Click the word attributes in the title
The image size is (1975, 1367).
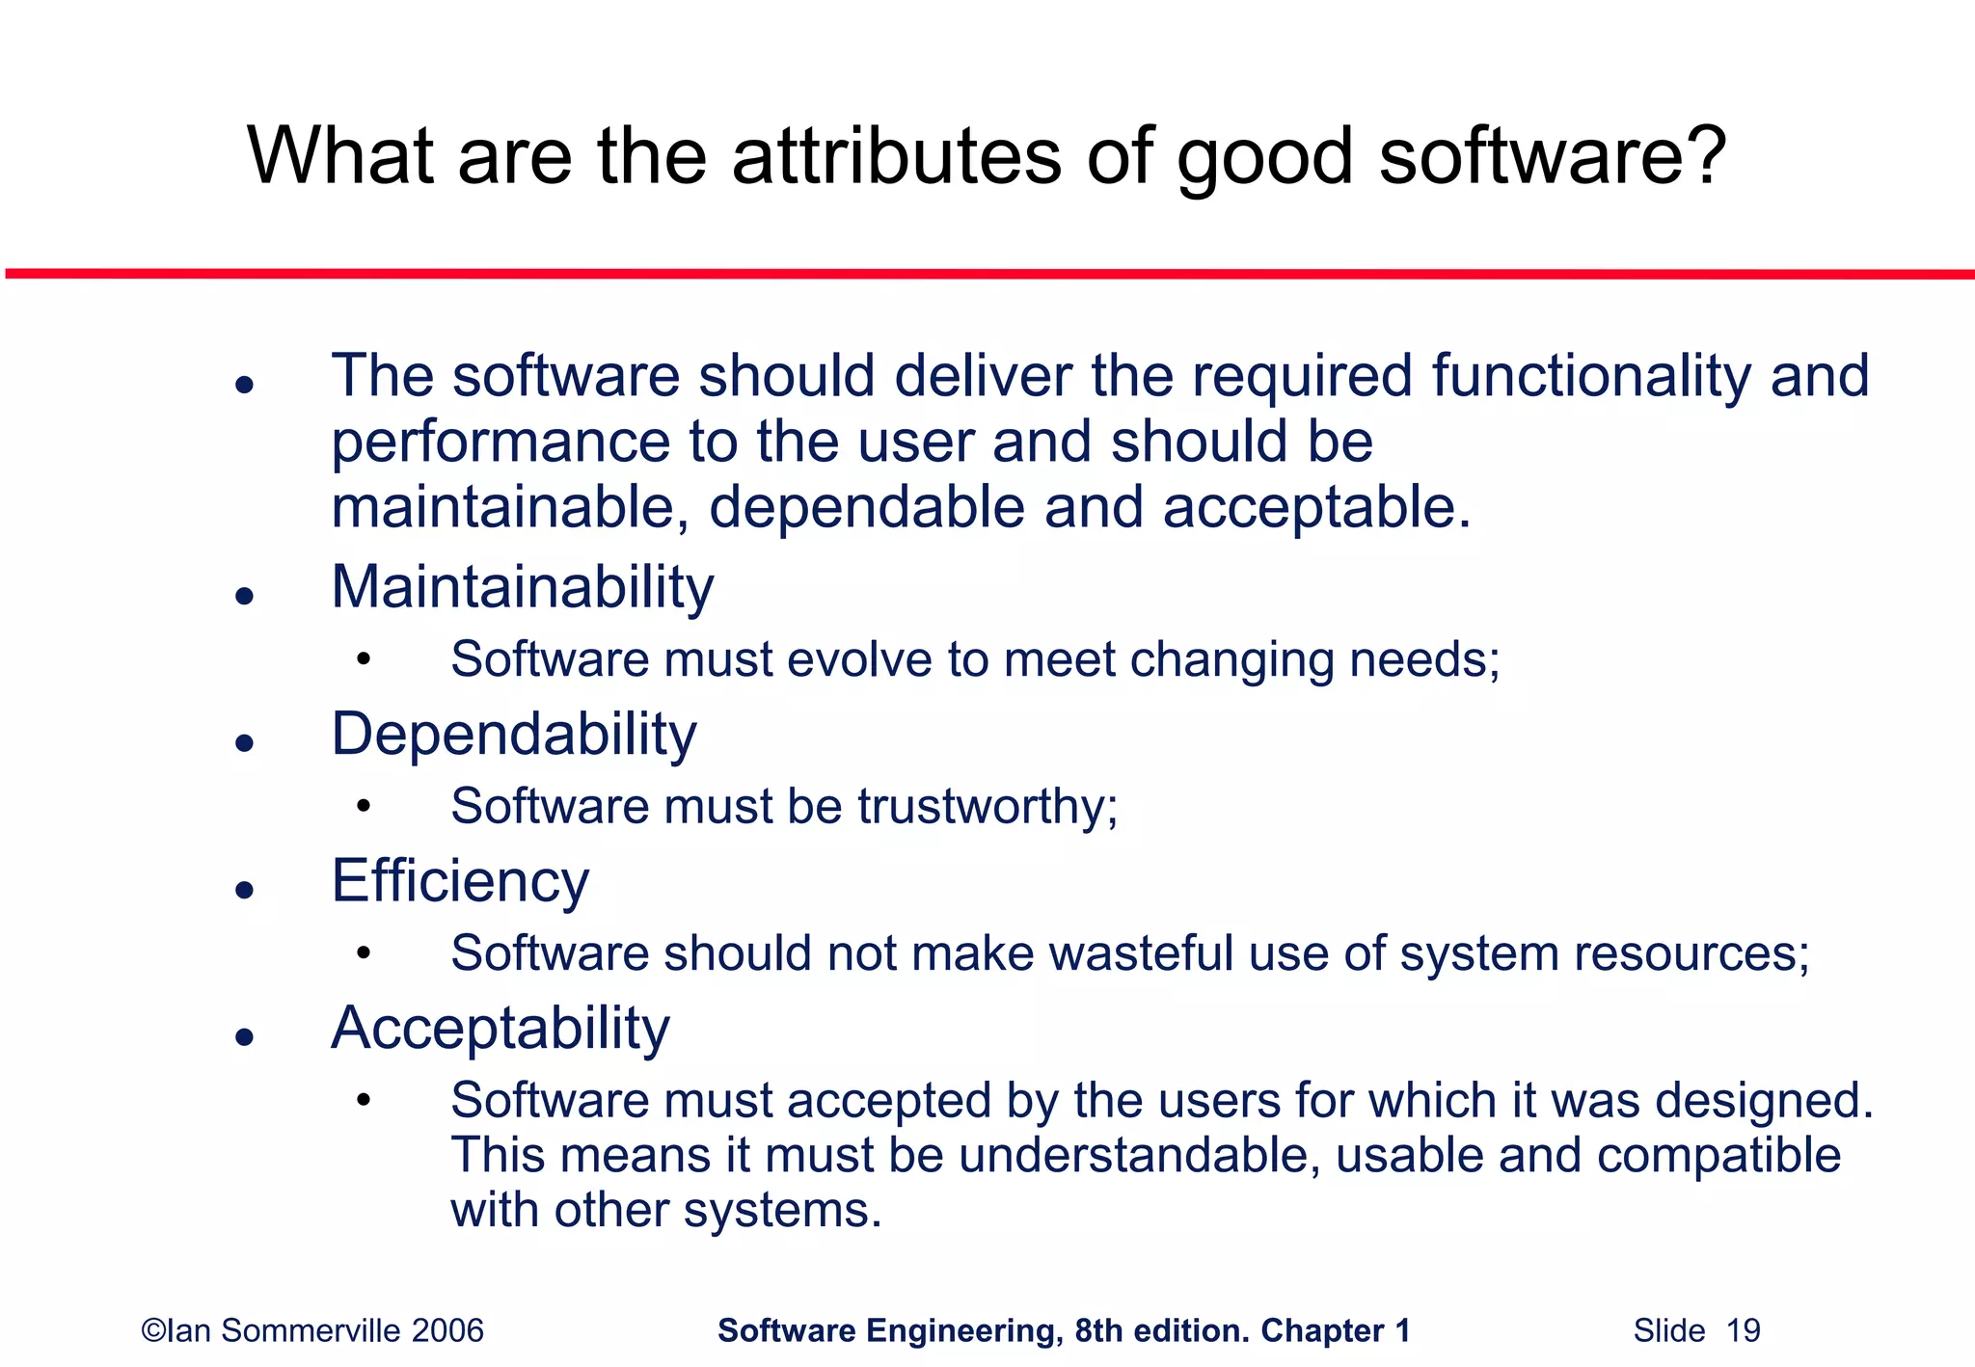click(x=896, y=156)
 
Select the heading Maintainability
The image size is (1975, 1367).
click(x=522, y=587)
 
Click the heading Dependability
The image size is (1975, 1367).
click(x=513, y=735)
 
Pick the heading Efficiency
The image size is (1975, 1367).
click(x=460, y=881)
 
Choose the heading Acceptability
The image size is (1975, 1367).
click(x=500, y=1029)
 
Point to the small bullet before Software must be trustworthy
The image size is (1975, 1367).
click(x=363, y=807)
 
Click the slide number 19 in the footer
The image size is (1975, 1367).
click(x=1743, y=1331)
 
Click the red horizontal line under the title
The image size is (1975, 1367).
click(x=987, y=275)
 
